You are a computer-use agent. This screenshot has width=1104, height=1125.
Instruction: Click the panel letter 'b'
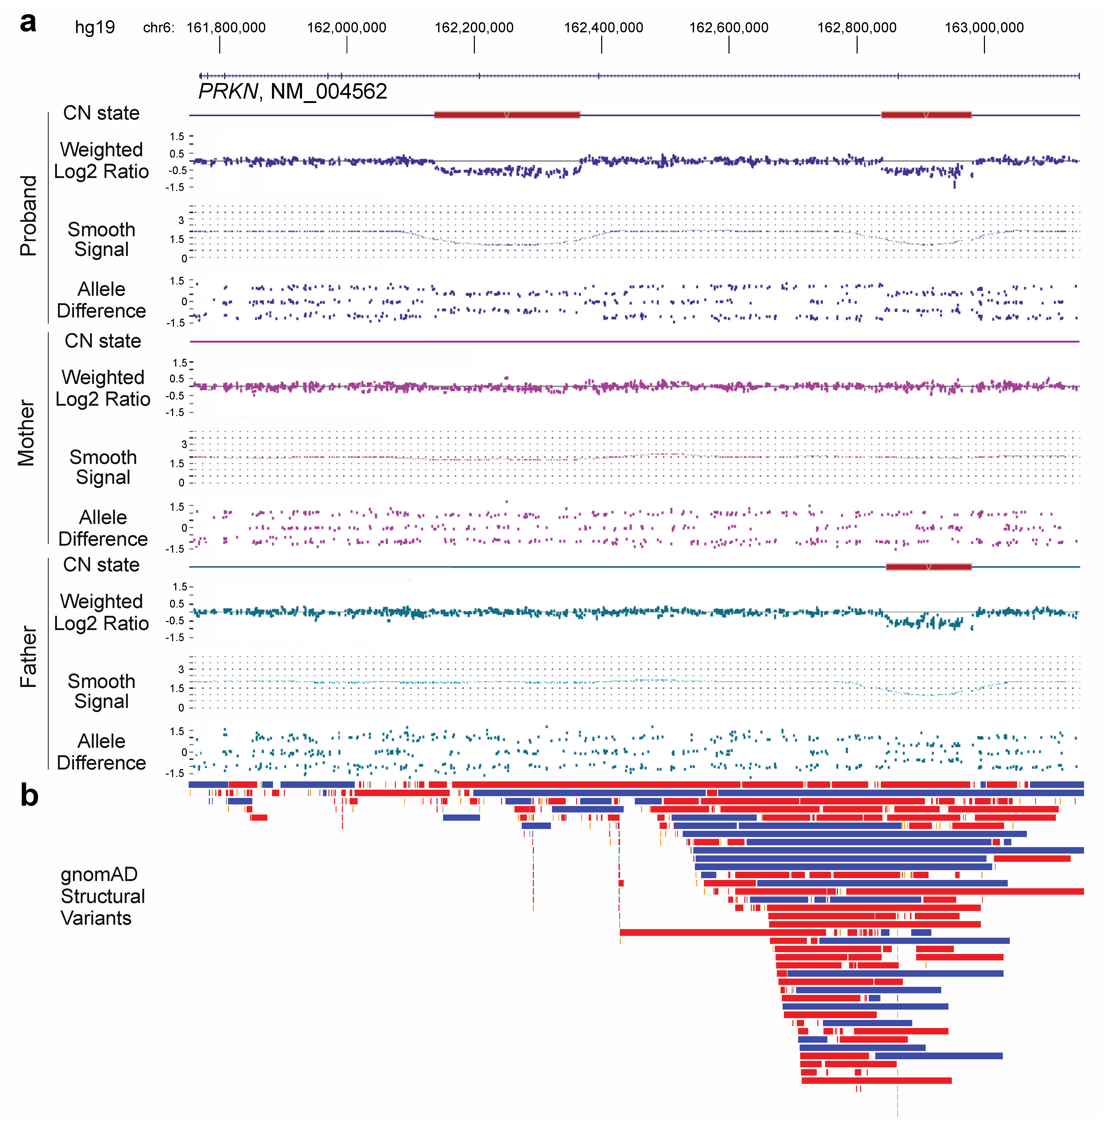click(29, 796)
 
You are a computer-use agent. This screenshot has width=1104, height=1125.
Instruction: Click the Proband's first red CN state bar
click(507, 115)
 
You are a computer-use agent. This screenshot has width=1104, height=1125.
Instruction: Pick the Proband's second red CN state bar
click(926, 115)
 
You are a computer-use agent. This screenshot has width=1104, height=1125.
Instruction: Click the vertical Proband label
click(28, 216)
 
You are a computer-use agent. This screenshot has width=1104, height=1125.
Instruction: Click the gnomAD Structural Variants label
click(102, 896)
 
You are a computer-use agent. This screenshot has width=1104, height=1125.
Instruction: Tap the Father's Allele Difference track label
click(101, 752)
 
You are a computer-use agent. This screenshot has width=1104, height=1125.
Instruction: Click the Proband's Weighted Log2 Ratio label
click(101, 161)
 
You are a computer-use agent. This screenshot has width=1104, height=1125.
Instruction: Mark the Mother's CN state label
click(103, 341)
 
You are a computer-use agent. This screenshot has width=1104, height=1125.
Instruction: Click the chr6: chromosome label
click(158, 27)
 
